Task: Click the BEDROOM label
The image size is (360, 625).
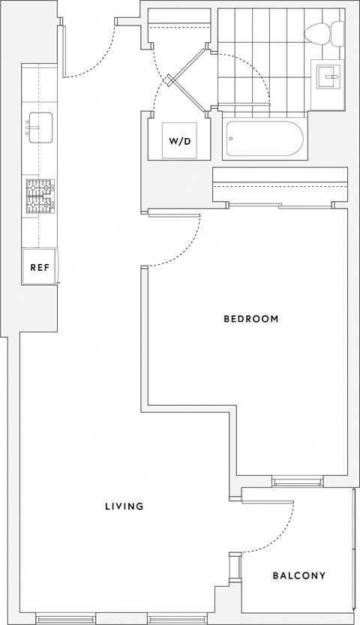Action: [x=251, y=319]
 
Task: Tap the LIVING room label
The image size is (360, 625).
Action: [x=124, y=506]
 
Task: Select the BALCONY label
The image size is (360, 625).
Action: [x=298, y=576]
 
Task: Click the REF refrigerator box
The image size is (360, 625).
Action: [x=38, y=267]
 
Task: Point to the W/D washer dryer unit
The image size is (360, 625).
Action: [x=178, y=140]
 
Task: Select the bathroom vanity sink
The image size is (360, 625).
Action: [x=328, y=76]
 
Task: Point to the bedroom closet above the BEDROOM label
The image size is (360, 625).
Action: [x=280, y=185]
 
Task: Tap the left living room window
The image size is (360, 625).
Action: [x=65, y=619]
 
